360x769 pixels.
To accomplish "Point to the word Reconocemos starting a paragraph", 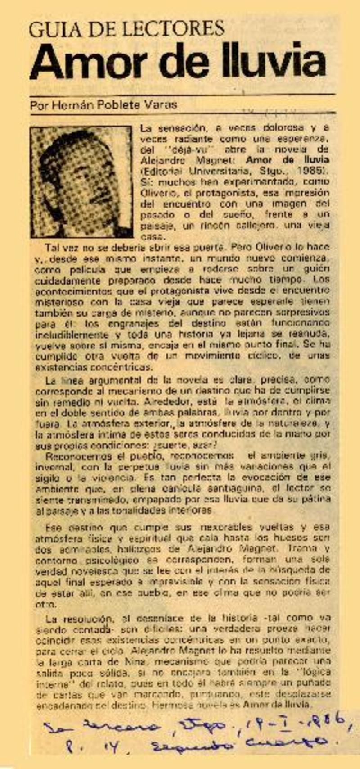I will pyautogui.click(x=72, y=456).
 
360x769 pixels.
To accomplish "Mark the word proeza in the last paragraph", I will pyautogui.click(x=283, y=629).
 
